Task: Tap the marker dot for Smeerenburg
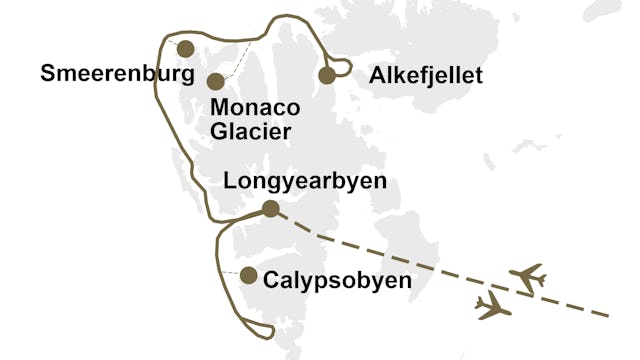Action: click(184, 49)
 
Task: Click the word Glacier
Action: click(250, 131)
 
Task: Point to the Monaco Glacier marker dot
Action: click(215, 82)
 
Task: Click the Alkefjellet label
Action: click(425, 76)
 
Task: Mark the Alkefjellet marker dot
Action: click(326, 75)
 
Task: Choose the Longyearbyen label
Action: click(305, 183)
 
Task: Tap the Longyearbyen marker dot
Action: click(270, 209)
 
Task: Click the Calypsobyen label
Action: click(337, 281)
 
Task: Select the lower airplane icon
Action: click(494, 306)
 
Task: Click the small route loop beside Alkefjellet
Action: click(343, 67)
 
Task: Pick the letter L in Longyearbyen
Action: click(232, 183)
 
